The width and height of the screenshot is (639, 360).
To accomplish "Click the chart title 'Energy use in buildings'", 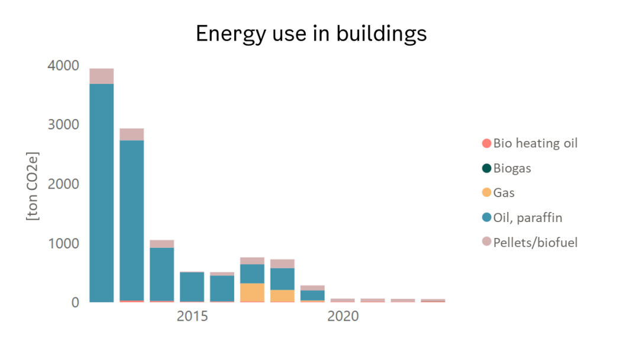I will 311,34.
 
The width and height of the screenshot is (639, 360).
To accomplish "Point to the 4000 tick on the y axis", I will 63,66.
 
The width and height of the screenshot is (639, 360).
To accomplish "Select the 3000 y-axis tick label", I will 63,125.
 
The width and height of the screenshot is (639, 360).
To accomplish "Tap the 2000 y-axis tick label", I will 63,184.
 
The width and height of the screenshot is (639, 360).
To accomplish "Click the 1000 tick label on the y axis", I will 63,243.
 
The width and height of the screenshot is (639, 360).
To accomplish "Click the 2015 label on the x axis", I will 192,317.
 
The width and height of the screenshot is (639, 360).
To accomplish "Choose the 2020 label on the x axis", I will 343,317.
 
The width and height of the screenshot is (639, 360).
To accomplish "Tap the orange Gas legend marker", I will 486,193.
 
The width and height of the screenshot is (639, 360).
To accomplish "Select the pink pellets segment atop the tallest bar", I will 102,76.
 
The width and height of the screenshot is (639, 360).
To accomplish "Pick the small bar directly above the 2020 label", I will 343,300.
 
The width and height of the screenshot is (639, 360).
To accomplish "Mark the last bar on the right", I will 433,300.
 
